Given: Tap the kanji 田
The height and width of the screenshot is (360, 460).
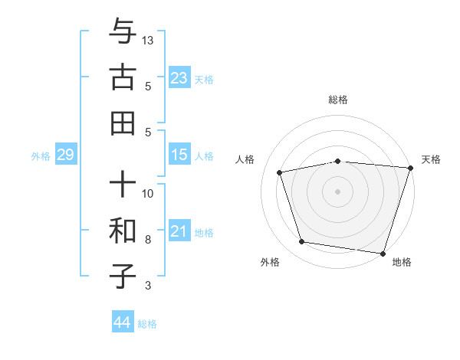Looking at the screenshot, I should coord(123,123).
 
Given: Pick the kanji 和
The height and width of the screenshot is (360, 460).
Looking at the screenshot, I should coord(123,230).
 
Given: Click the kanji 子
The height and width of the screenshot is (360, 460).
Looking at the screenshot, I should coord(123,276).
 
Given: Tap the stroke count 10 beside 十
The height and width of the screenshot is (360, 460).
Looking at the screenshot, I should coord(149,193).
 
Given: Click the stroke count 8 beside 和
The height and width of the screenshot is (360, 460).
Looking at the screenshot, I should coord(149,240).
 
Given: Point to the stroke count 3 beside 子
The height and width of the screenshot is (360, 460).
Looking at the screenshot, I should coord(149,286).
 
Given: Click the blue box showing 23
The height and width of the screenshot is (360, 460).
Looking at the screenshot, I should coord(179,77).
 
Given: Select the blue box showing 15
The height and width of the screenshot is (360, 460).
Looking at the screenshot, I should coord(179,155).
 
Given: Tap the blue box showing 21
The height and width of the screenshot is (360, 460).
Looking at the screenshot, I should coord(179,231).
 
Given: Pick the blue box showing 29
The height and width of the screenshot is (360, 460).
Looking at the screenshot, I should coord(65,155).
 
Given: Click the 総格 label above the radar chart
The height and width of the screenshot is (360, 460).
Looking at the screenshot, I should coord(338,100).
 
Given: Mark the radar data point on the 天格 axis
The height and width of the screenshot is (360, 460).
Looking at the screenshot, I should coord(410,168).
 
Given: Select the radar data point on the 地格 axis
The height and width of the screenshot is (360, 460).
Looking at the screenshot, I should coord(383,253).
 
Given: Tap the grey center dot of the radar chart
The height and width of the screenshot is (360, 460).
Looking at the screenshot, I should coord(338,191).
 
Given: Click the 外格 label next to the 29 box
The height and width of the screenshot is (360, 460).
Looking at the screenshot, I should coord(41,156).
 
